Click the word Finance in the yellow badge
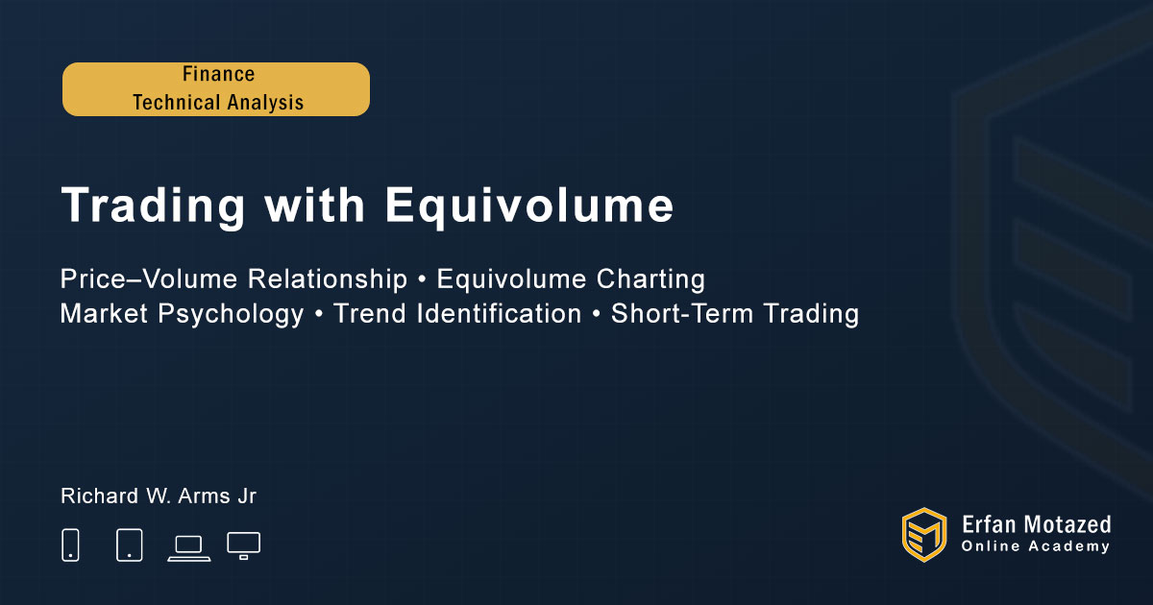coord(219,74)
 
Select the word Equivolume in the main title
coord(529,206)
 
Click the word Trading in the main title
coord(153,206)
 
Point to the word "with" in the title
coord(315,205)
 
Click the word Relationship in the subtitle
coord(328,279)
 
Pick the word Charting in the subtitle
coord(650,279)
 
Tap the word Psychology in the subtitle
coord(232,314)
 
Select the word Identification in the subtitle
coord(499,313)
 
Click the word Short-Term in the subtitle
coord(682,313)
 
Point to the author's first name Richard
coord(100,496)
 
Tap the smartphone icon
coord(70,544)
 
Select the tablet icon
coord(129,544)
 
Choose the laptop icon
coord(189,548)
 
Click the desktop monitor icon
coord(243,546)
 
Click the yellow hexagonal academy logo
coord(924,535)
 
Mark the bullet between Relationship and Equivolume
coord(422,280)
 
